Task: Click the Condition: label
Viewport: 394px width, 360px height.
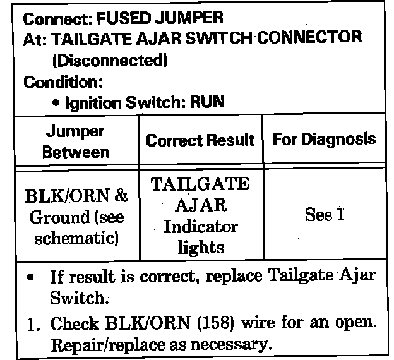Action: [x=62, y=82]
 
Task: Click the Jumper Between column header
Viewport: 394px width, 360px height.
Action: [x=76, y=141]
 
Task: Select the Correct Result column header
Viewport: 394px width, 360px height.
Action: [x=200, y=140]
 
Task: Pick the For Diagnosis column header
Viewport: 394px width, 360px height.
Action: [x=323, y=139]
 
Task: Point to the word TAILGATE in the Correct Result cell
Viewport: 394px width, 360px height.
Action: [x=200, y=184]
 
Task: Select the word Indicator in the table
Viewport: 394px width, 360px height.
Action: [x=200, y=227]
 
